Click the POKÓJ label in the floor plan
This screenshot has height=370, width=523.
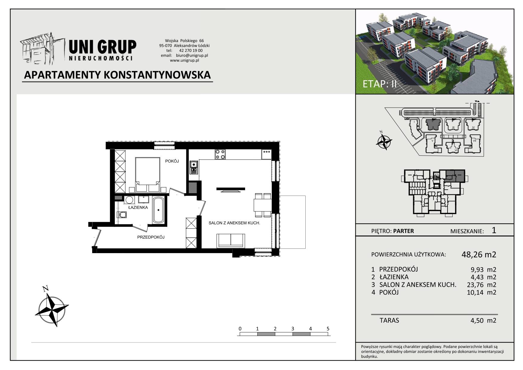pyautogui.click(x=172, y=161)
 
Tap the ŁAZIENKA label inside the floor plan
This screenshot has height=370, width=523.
pyautogui.click(x=138, y=207)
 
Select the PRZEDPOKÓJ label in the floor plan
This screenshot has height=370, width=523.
pyautogui.click(x=151, y=237)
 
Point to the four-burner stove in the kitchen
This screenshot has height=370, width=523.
pyautogui.click(x=220, y=154)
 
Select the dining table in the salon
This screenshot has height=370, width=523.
pyautogui.click(x=262, y=205)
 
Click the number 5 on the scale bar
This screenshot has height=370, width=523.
pyautogui.click(x=328, y=329)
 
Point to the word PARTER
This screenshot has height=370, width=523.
pyautogui.click(x=403, y=231)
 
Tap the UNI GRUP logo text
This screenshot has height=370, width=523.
pyautogui.click(x=103, y=47)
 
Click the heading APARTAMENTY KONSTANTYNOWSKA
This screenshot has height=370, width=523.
pyautogui.click(x=117, y=75)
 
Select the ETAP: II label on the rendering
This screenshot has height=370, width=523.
pyautogui.click(x=380, y=84)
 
